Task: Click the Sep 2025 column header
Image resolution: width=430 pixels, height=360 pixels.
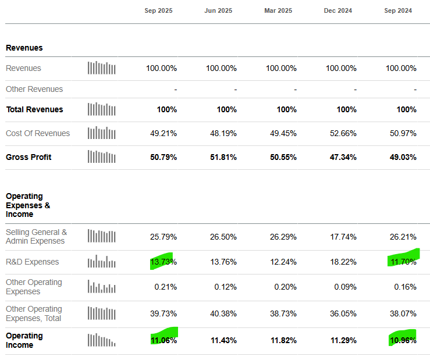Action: (x=158, y=10)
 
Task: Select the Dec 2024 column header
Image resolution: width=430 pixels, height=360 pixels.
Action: (x=338, y=10)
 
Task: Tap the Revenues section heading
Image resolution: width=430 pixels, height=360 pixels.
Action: (x=24, y=48)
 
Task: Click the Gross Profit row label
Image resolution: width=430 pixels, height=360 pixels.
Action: (x=29, y=157)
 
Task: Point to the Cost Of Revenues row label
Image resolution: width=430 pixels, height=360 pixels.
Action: (x=38, y=133)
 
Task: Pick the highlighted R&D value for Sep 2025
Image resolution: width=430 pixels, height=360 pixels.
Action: (x=163, y=262)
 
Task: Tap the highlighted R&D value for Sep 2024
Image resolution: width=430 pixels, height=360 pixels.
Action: (x=402, y=262)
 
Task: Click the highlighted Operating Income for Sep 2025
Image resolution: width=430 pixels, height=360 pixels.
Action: (x=163, y=340)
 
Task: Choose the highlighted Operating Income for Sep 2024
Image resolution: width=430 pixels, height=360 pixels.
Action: (x=402, y=340)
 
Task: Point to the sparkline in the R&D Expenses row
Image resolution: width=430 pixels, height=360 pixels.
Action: (x=102, y=262)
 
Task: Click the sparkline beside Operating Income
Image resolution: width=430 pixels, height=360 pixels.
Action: (x=102, y=340)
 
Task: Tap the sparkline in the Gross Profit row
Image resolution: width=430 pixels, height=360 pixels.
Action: (x=102, y=157)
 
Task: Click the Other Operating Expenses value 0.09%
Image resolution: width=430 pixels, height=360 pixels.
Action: (x=343, y=287)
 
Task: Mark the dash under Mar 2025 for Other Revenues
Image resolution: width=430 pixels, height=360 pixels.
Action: (x=295, y=90)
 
